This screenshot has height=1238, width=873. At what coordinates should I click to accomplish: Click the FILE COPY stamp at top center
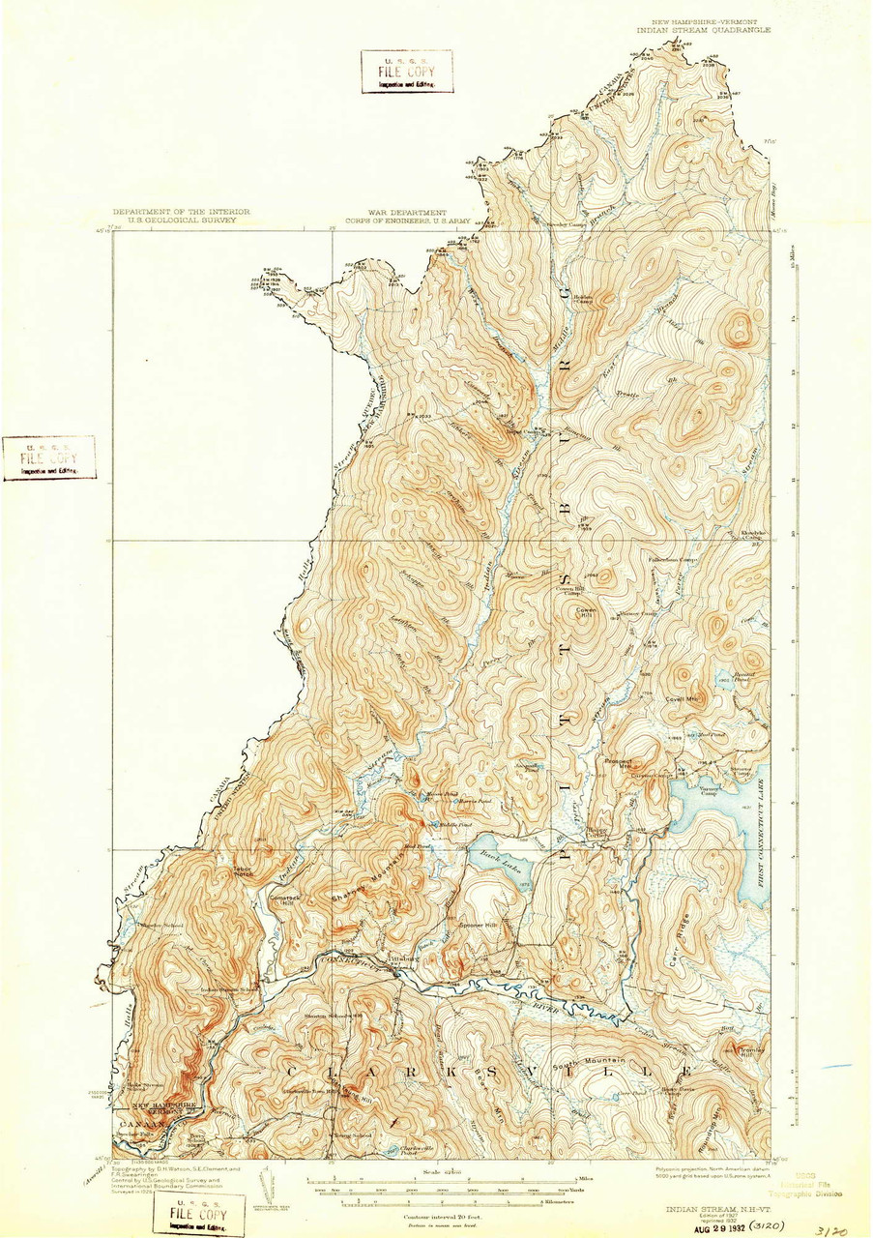[407, 72]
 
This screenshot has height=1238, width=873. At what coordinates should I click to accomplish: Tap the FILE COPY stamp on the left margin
[48, 457]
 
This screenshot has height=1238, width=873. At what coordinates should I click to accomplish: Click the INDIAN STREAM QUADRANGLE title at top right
[703, 30]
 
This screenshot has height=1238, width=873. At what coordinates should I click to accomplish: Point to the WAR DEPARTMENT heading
[406, 212]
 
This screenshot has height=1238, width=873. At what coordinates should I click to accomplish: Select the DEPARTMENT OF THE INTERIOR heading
[181, 212]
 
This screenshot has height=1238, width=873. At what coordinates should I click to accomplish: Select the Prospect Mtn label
[619, 761]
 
